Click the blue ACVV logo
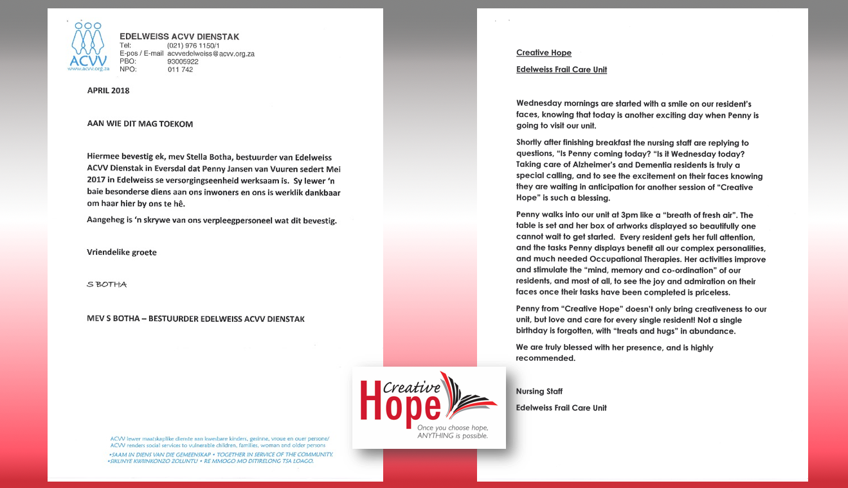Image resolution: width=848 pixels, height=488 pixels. pos(88,46)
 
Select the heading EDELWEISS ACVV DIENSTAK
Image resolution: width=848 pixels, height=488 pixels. pos(179,37)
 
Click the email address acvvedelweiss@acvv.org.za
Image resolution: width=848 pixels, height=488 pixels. pos(211,54)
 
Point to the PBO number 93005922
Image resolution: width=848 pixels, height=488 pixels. pos(183,62)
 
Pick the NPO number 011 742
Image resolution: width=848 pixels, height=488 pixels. pos(180,69)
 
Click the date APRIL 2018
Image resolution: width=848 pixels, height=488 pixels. pos(108,91)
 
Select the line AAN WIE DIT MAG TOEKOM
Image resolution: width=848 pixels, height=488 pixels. pos(140,124)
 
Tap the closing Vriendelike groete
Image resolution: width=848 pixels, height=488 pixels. pos(122,252)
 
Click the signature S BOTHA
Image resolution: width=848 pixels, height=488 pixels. pos(107,284)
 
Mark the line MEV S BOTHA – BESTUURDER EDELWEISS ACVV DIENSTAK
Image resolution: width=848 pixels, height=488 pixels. pos(195,319)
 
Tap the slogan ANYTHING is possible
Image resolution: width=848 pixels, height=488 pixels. pos(453,436)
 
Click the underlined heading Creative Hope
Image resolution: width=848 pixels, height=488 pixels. pos(543,53)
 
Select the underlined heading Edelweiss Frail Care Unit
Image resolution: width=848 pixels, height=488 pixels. pos(561,69)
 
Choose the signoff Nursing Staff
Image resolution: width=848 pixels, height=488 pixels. pos(539,391)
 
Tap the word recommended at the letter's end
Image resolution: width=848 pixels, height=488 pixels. pos(545,358)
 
